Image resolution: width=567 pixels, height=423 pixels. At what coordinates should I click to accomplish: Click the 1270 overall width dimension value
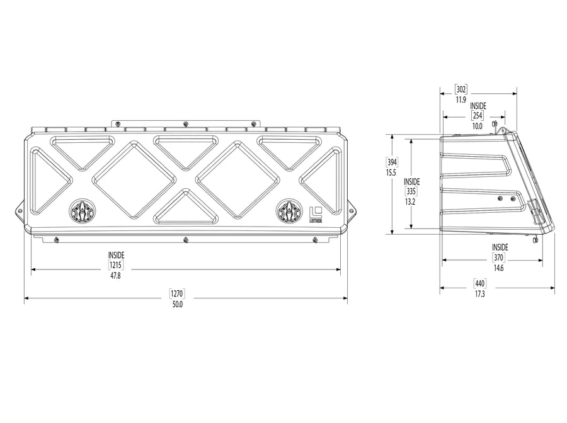[177, 294]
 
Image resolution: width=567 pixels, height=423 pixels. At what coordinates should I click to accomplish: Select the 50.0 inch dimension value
[177, 305]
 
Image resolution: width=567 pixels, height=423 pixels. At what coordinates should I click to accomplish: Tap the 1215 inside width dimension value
[116, 265]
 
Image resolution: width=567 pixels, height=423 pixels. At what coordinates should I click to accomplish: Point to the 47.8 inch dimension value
[116, 276]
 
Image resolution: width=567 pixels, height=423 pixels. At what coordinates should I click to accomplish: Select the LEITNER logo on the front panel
[316, 215]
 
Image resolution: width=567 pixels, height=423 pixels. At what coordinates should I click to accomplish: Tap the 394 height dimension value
[392, 162]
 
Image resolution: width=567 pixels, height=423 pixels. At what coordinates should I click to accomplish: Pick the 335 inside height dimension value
[411, 191]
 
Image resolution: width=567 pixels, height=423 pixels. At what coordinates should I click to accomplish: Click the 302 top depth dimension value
[461, 89]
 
